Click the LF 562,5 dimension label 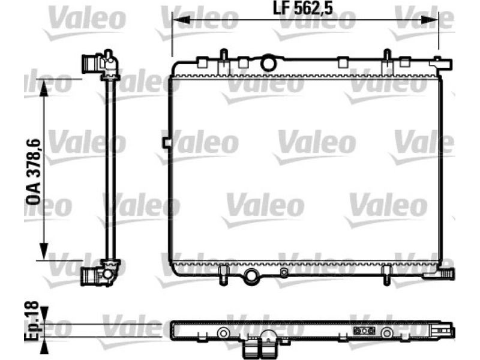click(302, 9)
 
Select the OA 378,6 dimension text click(33, 172)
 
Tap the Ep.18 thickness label click(32, 321)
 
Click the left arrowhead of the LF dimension click(181, 20)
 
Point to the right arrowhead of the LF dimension click(430, 20)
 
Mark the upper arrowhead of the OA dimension click(44, 88)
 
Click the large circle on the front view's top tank click(268, 63)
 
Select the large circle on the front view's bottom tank click(251, 275)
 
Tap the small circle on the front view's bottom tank click(284, 272)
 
